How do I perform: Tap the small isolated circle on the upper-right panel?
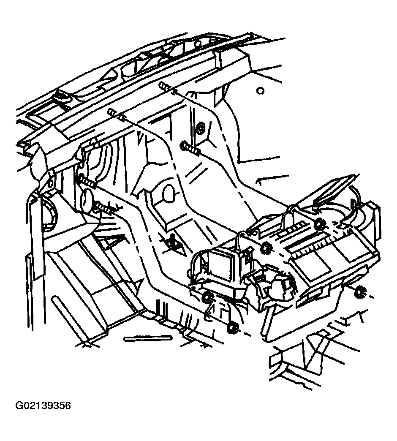point(261,90)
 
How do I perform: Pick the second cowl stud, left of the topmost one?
point(116,114)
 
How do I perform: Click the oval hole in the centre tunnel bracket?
point(169,193)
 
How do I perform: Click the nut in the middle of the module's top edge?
point(266,248)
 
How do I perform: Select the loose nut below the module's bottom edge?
point(232,327)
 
